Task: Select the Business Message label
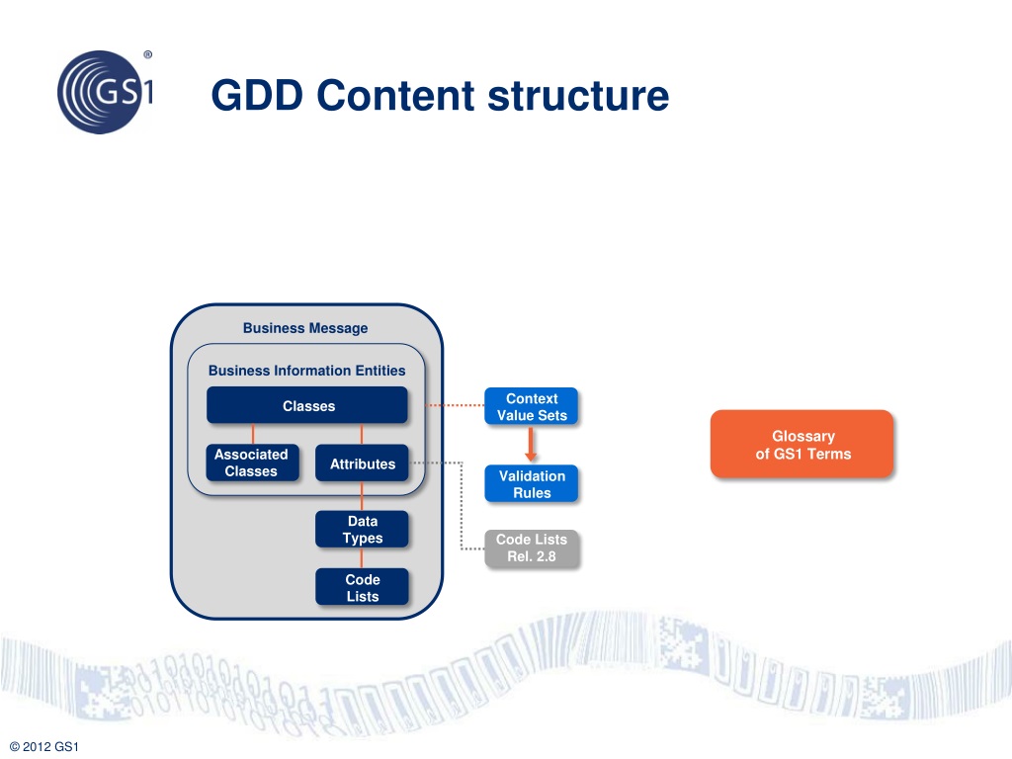click(x=305, y=328)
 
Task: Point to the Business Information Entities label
click(x=306, y=371)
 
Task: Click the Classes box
click(x=307, y=406)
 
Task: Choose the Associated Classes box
click(x=251, y=463)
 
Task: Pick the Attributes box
click(x=362, y=464)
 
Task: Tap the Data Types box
click(x=362, y=530)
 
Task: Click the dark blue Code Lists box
click(x=362, y=587)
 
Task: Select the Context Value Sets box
click(x=532, y=407)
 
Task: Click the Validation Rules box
click(x=532, y=484)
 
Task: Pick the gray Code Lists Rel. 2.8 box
click(x=532, y=548)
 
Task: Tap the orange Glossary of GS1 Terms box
click(x=802, y=445)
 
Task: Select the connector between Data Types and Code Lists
click(x=362, y=558)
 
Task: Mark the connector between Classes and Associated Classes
click(x=253, y=434)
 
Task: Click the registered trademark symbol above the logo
click(x=147, y=54)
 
